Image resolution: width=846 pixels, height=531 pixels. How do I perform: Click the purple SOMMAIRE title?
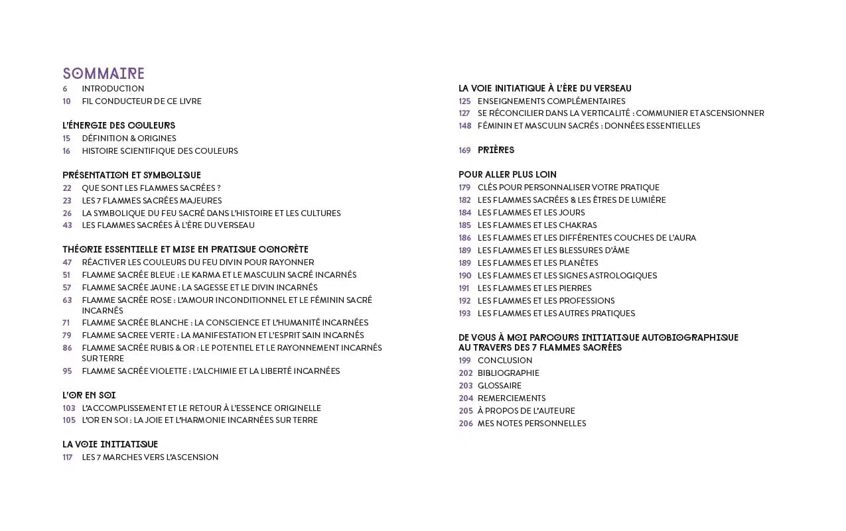(x=104, y=74)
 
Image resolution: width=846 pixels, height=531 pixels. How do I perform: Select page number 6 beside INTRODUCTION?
(x=65, y=89)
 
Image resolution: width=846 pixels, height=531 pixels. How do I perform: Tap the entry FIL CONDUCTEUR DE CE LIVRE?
(x=141, y=101)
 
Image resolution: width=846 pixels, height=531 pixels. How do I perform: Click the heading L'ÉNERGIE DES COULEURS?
(x=119, y=125)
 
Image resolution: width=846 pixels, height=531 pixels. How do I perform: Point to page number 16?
(x=66, y=151)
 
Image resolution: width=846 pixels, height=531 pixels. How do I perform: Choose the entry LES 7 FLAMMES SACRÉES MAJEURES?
(x=152, y=201)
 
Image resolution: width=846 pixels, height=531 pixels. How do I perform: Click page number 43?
(x=67, y=225)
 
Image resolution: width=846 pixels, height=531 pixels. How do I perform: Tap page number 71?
(x=66, y=323)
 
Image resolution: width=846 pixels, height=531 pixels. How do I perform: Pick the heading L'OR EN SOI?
(x=89, y=395)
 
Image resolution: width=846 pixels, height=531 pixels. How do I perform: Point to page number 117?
(x=68, y=457)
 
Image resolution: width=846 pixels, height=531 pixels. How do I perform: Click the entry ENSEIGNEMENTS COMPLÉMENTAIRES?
(x=551, y=101)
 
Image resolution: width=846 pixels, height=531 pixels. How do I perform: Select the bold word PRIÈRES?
(x=496, y=150)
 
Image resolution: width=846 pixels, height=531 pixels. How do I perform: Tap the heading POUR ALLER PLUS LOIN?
(x=508, y=175)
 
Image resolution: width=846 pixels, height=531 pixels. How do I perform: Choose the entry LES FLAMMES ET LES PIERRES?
(x=534, y=288)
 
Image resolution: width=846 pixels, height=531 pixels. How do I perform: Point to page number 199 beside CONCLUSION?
(x=464, y=361)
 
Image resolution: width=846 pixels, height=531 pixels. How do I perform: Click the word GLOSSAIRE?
(x=500, y=386)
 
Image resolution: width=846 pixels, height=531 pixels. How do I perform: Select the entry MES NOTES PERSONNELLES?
(x=531, y=424)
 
